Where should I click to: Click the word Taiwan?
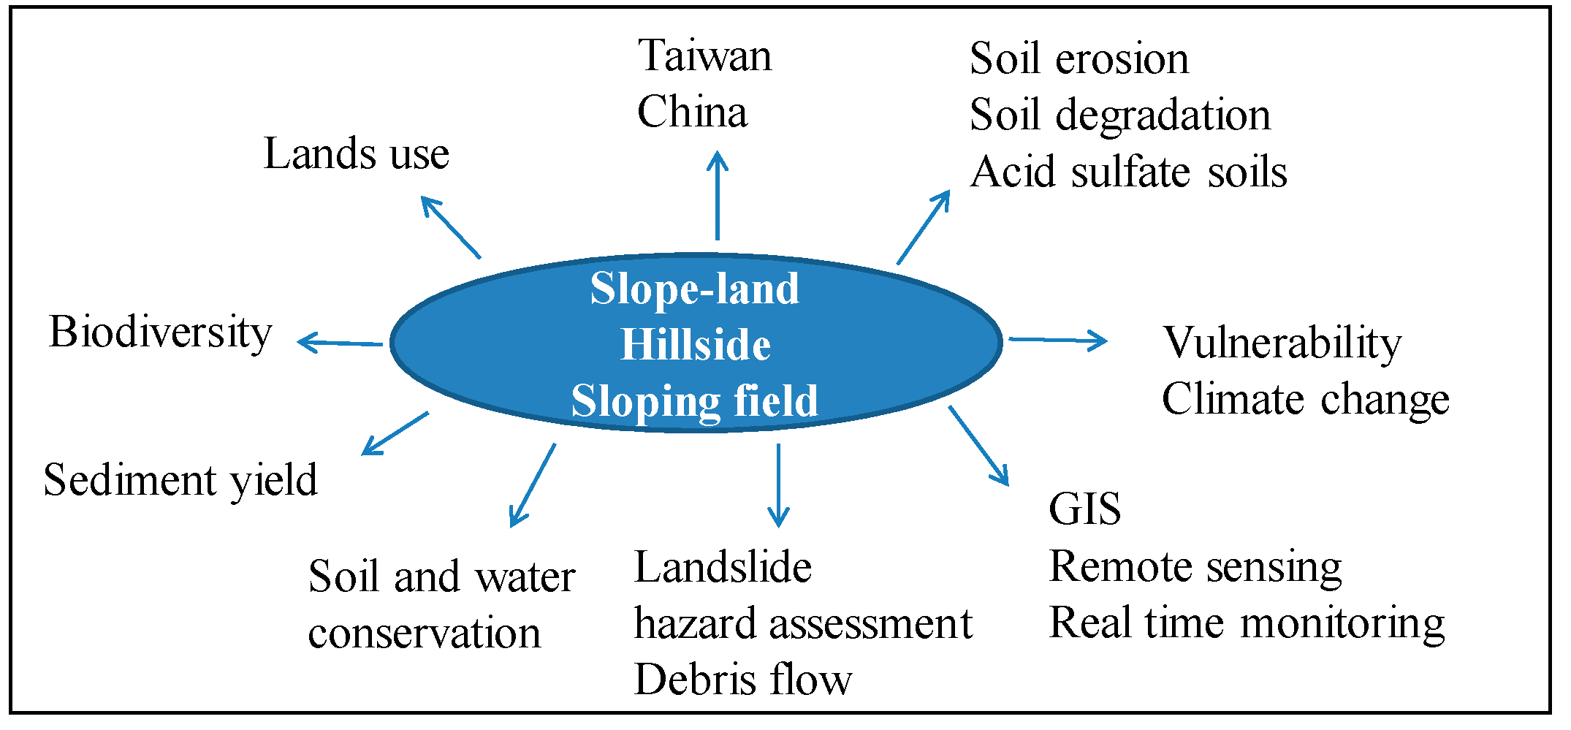[x=704, y=56]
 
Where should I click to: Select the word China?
[x=692, y=113]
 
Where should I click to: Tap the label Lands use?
[x=356, y=154]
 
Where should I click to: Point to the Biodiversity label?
[x=160, y=333]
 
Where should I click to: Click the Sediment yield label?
[x=180, y=481]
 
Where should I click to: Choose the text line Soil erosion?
[x=1079, y=59]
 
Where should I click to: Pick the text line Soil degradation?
[x=1119, y=115]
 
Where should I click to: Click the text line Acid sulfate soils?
[x=1128, y=172]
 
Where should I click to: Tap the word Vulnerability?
[x=1282, y=343]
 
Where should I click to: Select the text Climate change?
[x=1305, y=400]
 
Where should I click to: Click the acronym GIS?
[x=1084, y=509]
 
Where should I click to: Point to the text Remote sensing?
[x=1195, y=567]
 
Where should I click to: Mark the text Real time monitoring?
[x=1247, y=623]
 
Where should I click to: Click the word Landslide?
[x=723, y=568]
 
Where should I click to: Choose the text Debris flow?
[x=742, y=680]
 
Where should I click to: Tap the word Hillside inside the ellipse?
[x=695, y=345]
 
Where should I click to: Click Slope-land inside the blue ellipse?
[x=694, y=289]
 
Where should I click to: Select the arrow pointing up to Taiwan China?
[x=718, y=195]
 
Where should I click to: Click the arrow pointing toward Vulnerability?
[x=1057, y=340]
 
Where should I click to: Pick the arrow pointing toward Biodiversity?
[x=340, y=342]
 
